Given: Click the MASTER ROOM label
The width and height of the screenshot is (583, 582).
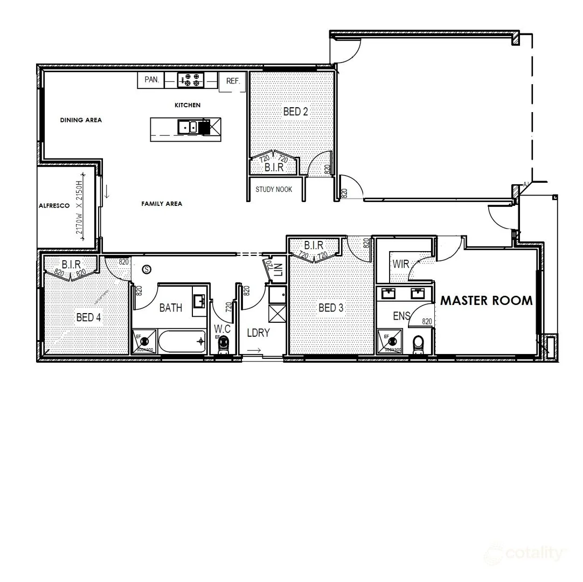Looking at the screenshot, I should coord(487,301).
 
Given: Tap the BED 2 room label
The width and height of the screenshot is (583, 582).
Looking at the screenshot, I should coord(295,112).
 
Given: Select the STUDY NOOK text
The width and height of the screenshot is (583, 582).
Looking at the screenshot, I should coord(274,190).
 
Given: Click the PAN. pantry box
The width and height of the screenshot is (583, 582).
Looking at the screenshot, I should coord(152,80).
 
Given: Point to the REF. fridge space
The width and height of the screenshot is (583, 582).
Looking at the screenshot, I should coord(233,81).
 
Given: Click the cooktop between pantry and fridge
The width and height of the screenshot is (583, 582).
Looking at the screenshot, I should coord(191,80).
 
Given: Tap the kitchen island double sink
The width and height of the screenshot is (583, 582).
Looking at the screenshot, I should coord(188,127).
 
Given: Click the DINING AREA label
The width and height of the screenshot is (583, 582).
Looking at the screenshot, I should coord(81,120).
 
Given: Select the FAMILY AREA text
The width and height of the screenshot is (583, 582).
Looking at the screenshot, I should coord(162,204).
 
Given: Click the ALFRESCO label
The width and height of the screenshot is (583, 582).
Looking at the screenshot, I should coord(54,206).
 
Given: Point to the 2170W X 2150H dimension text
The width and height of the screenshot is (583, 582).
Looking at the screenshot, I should coord(81,205).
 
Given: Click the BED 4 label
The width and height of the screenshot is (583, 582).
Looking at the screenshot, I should coord(88,317).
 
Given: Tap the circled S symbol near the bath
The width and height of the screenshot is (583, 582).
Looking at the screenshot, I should coord(144,268).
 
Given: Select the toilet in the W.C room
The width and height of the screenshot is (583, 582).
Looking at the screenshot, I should coord(223,345).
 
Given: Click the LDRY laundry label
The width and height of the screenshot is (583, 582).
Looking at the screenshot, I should coord(258,333).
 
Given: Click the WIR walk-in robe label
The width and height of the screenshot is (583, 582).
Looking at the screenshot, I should coord(400,264).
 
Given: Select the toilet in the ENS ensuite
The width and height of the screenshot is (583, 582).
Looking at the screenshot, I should coord(419,345).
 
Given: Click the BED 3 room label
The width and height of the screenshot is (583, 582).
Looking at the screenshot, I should coord(330,308).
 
